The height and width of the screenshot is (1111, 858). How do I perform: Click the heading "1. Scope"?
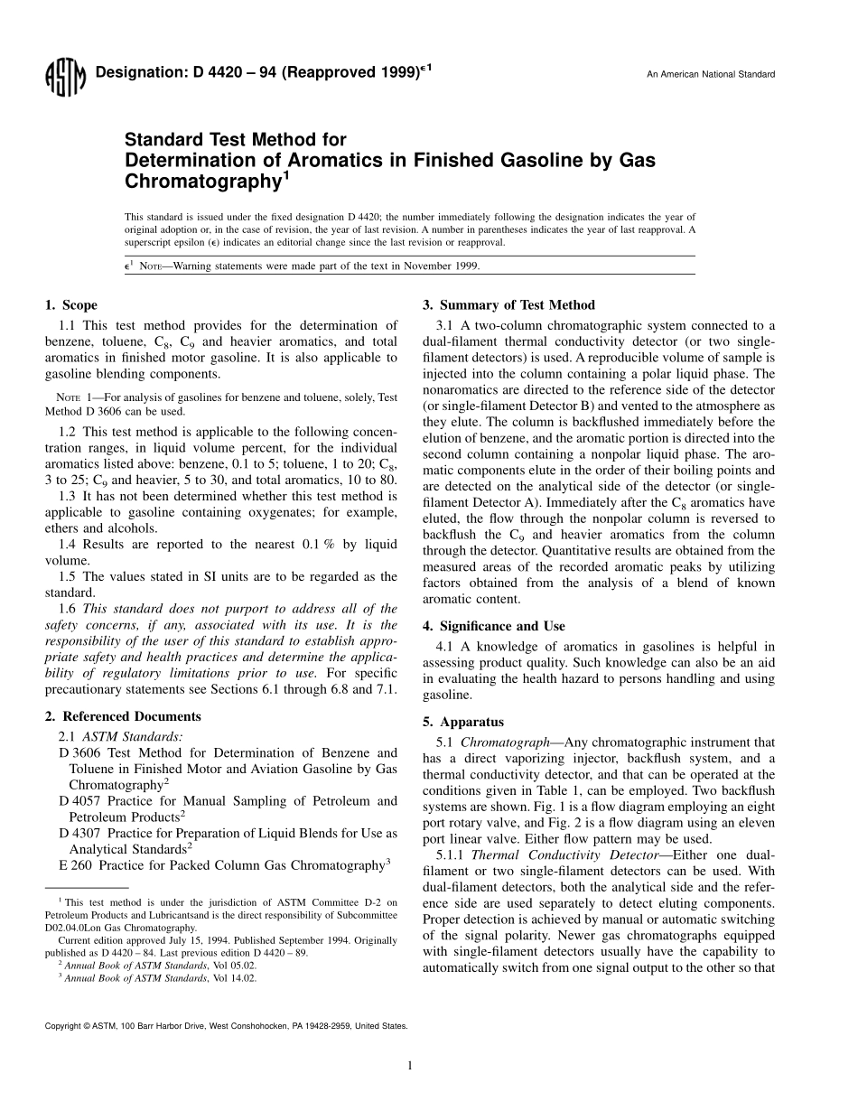pyautogui.click(x=71, y=305)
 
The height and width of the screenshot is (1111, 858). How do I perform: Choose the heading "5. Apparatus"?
pyautogui.click(x=463, y=722)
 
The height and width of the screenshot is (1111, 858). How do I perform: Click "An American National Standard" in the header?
pyautogui.click(x=711, y=74)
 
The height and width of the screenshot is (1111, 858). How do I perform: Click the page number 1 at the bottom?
pyautogui.click(x=410, y=1066)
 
